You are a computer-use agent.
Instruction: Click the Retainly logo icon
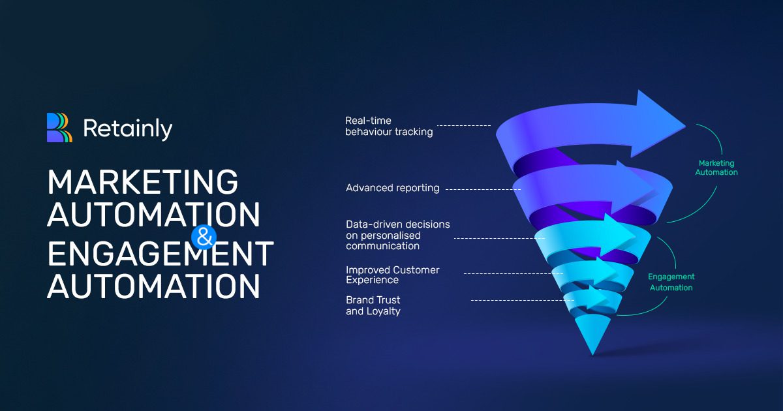click(x=59, y=128)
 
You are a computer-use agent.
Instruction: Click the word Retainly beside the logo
click(x=128, y=129)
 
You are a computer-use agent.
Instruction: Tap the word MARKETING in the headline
click(x=143, y=182)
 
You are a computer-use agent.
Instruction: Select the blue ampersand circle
click(x=204, y=237)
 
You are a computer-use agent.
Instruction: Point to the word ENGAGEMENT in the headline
click(x=161, y=253)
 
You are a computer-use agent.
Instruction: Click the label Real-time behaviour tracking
click(x=389, y=126)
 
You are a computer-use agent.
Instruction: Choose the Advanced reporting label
click(x=393, y=188)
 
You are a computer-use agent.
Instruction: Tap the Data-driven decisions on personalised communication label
click(x=398, y=235)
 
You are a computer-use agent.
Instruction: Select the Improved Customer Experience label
click(x=393, y=275)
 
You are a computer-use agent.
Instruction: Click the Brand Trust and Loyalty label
click(x=373, y=305)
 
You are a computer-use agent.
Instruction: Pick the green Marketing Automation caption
click(x=716, y=168)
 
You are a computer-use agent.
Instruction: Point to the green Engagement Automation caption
click(x=671, y=282)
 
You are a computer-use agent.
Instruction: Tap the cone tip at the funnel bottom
click(x=592, y=354)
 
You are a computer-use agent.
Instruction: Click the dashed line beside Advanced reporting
click(x=484, y=189)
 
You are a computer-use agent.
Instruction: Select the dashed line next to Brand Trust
click(x=523, y=300)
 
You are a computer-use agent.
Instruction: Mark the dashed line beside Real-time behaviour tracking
click(x=464, y=125)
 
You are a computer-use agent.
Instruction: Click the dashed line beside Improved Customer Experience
click(x=513, y=273)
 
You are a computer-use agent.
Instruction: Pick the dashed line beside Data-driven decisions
click(x=500, y=238)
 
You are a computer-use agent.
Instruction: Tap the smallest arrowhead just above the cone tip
click(x=598, y=297)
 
